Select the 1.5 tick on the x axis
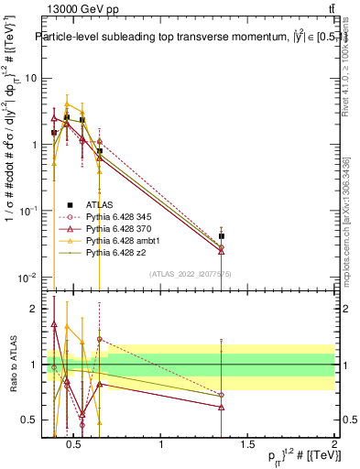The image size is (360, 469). [x=247, y=446]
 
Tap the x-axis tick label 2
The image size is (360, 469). [x=334, y=446]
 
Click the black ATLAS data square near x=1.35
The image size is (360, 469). [x=222, y=236]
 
